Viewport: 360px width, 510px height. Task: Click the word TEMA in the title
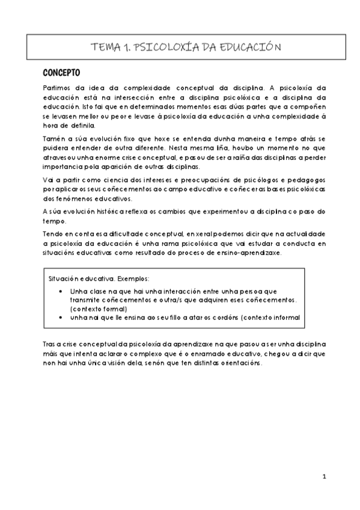point(103,47)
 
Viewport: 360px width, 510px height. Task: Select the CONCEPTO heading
point(62,73)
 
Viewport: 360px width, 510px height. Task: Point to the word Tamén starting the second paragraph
point(55,138)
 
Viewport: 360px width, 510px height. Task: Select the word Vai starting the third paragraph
point(49,180)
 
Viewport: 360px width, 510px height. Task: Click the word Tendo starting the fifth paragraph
point(55,233)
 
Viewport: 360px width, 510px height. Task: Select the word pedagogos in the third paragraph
point(306,180)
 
